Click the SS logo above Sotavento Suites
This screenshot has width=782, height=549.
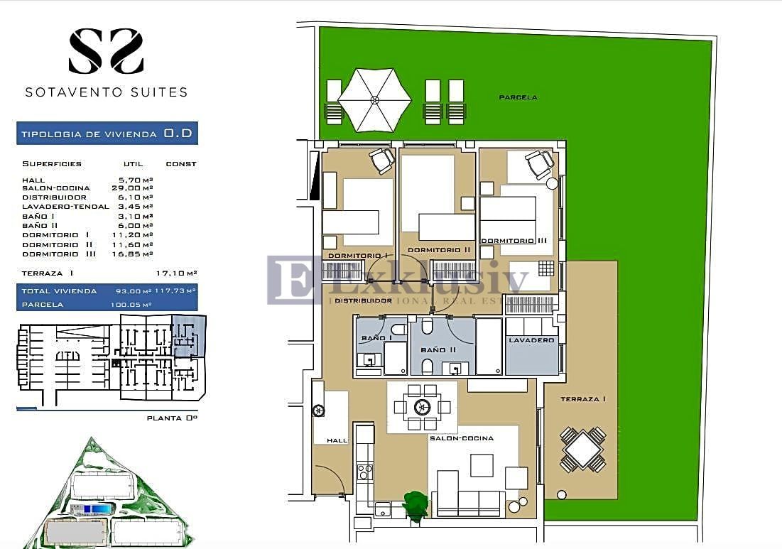(x=106, y=50)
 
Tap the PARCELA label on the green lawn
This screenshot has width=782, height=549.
(x=518, y=97)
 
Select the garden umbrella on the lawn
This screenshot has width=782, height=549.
(x=374, y=99)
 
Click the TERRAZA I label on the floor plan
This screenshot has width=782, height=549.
(x=582, y=399)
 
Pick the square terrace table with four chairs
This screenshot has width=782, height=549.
(x=582, y=449)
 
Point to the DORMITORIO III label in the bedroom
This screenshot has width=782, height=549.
(x=514, y=241)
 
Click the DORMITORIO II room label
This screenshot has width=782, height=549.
(x=439, y=250)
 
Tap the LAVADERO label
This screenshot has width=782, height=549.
(x=531, y=341)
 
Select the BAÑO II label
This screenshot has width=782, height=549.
(x=433, y=350)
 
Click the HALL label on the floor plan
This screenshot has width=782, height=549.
(x=337, y=440)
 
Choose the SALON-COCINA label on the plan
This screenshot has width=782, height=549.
(x=461, y=438)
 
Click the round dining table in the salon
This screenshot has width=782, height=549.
(x=423, y=407)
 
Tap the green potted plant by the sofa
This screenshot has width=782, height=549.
(x=415, y=504)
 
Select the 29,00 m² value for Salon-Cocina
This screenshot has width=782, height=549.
(x=136, y=189)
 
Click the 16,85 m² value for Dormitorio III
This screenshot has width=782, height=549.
(x=136, y=254)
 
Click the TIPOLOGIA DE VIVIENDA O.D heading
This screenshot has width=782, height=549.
(x=107, y=134)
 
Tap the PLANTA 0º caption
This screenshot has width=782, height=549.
(x=171, y=418)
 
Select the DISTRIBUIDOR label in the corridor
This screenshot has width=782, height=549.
(x=363, y=300)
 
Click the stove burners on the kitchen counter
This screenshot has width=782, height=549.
(x=364, y=472)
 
